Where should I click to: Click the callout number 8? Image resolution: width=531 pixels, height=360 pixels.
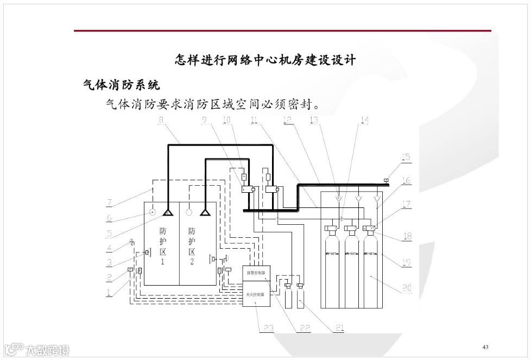click(161, 120)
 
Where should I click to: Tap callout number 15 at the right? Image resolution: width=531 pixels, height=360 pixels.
click(406, 157)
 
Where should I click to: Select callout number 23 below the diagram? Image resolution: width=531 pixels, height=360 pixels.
click(268, 327)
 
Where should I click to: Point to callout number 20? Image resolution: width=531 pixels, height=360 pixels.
click(406, 288)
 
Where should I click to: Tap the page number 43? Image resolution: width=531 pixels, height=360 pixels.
click(485, 347)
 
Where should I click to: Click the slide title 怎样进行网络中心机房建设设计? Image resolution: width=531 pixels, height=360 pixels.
click(265, 60)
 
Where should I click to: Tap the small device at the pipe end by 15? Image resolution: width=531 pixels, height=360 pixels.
click(386, 180)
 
